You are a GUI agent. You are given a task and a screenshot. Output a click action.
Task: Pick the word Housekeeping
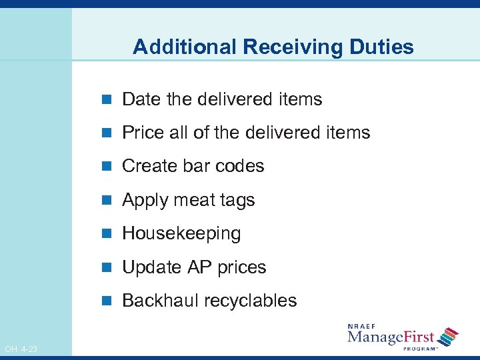[x=181, y=233]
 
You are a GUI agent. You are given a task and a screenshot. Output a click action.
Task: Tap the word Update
[x=152, y=268]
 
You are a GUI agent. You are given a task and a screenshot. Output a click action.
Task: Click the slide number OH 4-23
[x=21, y=349]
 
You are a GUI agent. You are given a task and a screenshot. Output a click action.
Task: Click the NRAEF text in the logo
[x=361, y=326]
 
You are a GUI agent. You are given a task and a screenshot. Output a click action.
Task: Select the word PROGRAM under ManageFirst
[x=421, y=348]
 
